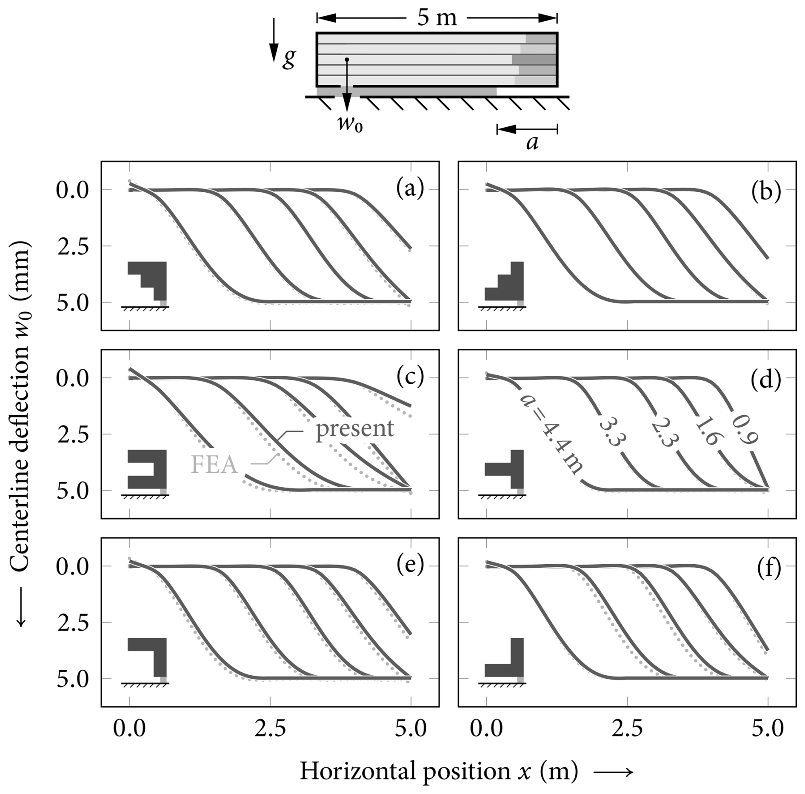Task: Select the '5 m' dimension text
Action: [437, 18]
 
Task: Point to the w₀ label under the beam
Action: [350, 124]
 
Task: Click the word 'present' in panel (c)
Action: [355, 428]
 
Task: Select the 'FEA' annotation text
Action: [214, 464]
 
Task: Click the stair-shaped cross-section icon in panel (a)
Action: [147, 281]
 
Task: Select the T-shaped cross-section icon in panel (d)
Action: [504, 469]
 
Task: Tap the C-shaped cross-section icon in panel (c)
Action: [147, 469]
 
